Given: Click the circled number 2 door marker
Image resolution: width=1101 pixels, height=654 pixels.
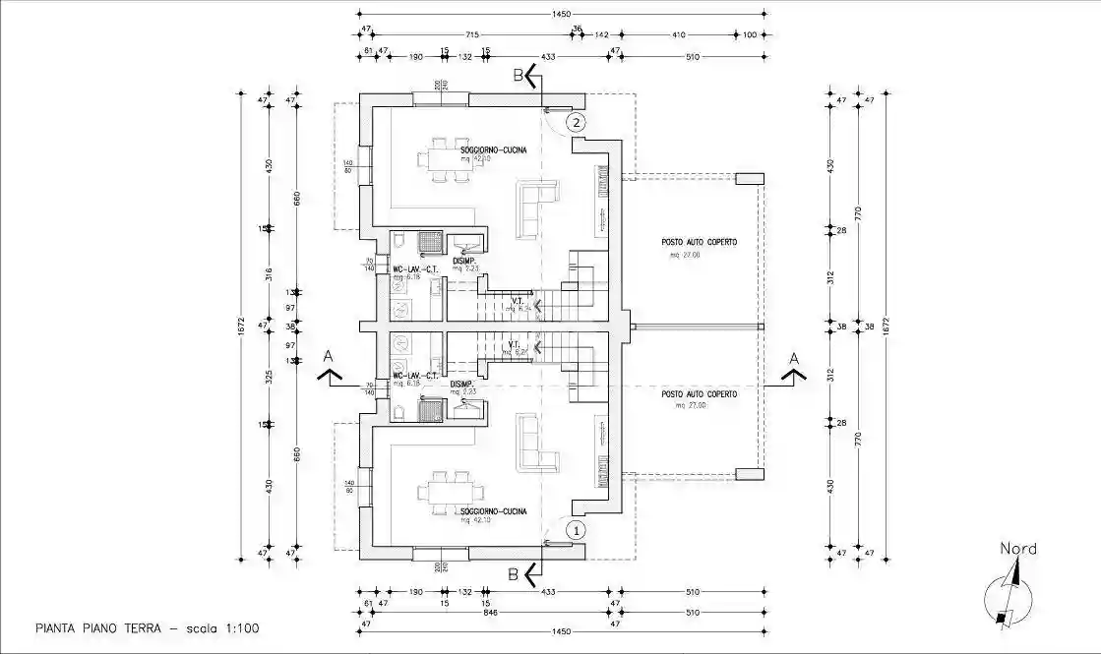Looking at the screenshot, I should (x=577, y=123).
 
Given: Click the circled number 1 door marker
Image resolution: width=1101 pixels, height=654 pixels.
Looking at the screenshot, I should (x=577, y=529).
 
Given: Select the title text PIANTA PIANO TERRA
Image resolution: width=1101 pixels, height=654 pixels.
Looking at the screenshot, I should (x=96, y=627).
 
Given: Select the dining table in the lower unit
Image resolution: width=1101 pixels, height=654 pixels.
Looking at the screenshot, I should (x=449, y=491).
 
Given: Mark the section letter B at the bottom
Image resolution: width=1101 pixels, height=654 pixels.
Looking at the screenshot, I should (x=513, y=572).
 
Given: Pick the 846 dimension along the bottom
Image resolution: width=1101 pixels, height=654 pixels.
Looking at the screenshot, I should (x=476, y=610).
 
